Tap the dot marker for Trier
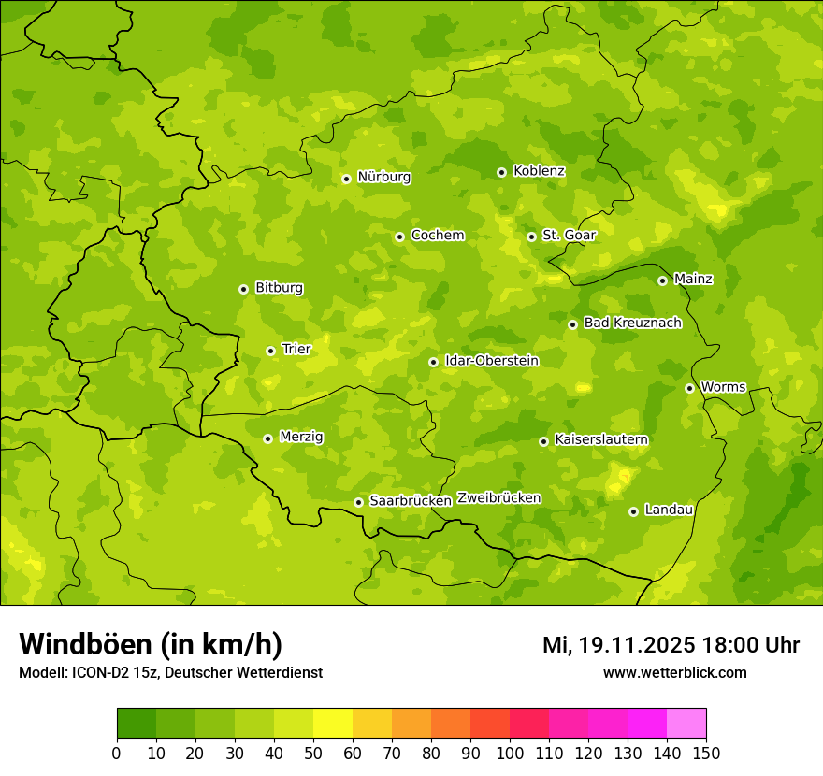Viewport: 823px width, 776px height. pyautogui.click(x=270, y=351)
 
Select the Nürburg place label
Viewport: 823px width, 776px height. pyautogui.click(x=383, y=177)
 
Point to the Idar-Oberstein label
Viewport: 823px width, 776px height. pyautogui.click(x=491, y=361)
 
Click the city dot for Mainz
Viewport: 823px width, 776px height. pyautogui.click(x=662, y=280)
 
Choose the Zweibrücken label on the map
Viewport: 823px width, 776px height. pyautogui.click(x=498, y=498)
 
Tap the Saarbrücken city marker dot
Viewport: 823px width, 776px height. pyautogui.click(x=358, y=502)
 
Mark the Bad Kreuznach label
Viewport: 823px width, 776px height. pyautogui.click(x=632, y=323)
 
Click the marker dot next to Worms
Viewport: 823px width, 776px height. pyautogui.click(x=689, y=388)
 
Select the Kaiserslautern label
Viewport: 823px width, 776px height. pyautogui.click(x=601, y=439)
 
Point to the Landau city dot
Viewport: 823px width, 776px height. pyautogui.click(x=633, y=511)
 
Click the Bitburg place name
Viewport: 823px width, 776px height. pyautogui.click(x=279, y=288)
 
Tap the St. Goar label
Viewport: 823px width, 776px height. pyautogui.click(x=569, y=235)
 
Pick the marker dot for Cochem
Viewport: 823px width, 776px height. pyautogui.click(x=399, y=237)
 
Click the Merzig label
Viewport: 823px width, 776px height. pyautogui.click(x=301, y=437)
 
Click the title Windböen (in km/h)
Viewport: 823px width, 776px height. pyautogui.click(x=150, y=644)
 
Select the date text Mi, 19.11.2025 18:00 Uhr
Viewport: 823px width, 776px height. pyautogui.click(x=671, y=645)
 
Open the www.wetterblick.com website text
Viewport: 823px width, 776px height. pyautogui.click(x=674, y=672)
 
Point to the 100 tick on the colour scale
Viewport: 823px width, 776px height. pyautogui.click(x=510, y=753)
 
